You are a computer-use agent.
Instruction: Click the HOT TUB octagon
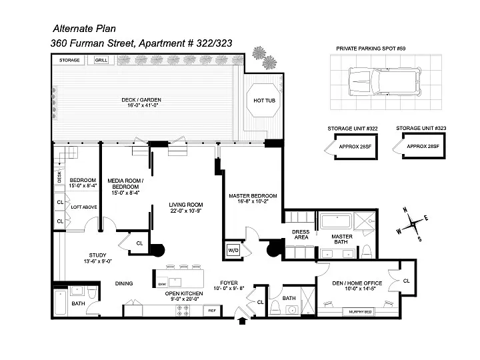(x=263, y=100)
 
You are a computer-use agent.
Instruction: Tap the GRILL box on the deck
(x=101, y=60)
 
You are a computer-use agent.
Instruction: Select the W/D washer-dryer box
(x=233, y=250)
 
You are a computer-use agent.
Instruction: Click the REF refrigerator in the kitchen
(x=212, y=311)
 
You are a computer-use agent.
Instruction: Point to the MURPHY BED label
(x=360, y=312)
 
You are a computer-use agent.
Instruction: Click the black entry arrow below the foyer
(x=243, y=321)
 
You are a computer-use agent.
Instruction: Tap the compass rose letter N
(x=405, y=210)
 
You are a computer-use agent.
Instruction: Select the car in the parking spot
(x=385, y=81)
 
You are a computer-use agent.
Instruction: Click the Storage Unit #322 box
(x=356, y=147)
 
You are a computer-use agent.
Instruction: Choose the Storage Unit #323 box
(x=424, y=146)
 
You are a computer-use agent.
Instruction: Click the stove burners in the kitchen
(x=183, y=311)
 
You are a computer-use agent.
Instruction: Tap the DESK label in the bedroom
(x=59, y=177)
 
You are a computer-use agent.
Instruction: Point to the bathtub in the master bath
(x=336, y=221)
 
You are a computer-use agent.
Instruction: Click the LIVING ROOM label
(x=186, y=205)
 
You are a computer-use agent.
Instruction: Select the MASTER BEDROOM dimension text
(x=253, y=201)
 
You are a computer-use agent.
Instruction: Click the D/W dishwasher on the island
(x=162, y=284)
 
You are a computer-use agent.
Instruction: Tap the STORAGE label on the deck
(x=69, y=60)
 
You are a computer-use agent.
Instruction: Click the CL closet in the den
(x=407, y=281)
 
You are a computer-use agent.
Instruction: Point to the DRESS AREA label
(x=301, y=235)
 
